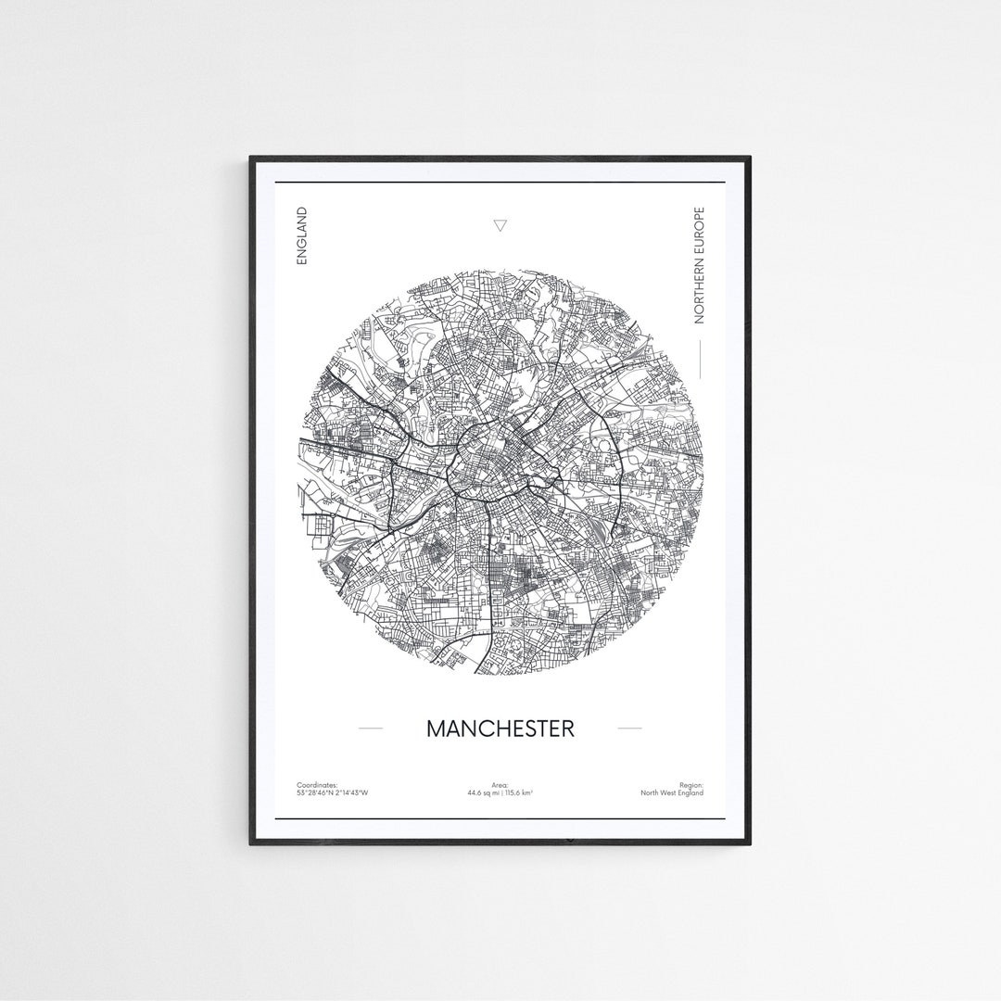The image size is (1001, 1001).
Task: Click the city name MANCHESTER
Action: tap(500, 729)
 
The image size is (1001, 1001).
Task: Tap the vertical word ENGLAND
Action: tap(300, 236)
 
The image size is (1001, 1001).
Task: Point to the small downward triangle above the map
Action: tap(500, 225)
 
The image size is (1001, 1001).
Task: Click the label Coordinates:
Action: tap(318, 785)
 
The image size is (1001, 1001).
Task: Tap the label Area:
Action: tap(500, 785)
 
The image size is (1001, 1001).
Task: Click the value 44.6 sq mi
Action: tap(484, 793)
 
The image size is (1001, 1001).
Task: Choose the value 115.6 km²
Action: tap(519, 793)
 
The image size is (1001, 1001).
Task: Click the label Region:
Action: tap(691, 785)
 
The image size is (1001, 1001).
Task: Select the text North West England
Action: tap(672, 793)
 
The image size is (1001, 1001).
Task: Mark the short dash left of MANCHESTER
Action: tap(370, 729)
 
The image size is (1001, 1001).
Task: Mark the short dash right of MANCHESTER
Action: tap(629, 729)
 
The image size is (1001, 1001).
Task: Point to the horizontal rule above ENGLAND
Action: tap(500, 184)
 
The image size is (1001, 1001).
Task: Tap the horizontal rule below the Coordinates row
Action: tap(500, 818)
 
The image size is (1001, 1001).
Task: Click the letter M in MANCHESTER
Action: tap(436, 729)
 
